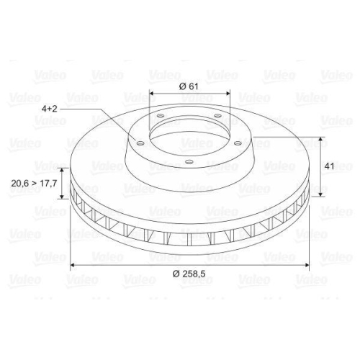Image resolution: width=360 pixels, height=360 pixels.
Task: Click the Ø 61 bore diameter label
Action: point(189,86)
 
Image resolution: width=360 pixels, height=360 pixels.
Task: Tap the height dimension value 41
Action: point(330,166)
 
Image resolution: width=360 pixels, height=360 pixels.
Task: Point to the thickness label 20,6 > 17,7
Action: point(34,184)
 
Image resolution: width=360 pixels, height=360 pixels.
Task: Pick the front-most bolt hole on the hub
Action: point(188,162)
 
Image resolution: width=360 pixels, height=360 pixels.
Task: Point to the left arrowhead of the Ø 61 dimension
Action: point(151,94)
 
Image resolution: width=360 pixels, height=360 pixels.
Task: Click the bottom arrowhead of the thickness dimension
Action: point(62,198)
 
